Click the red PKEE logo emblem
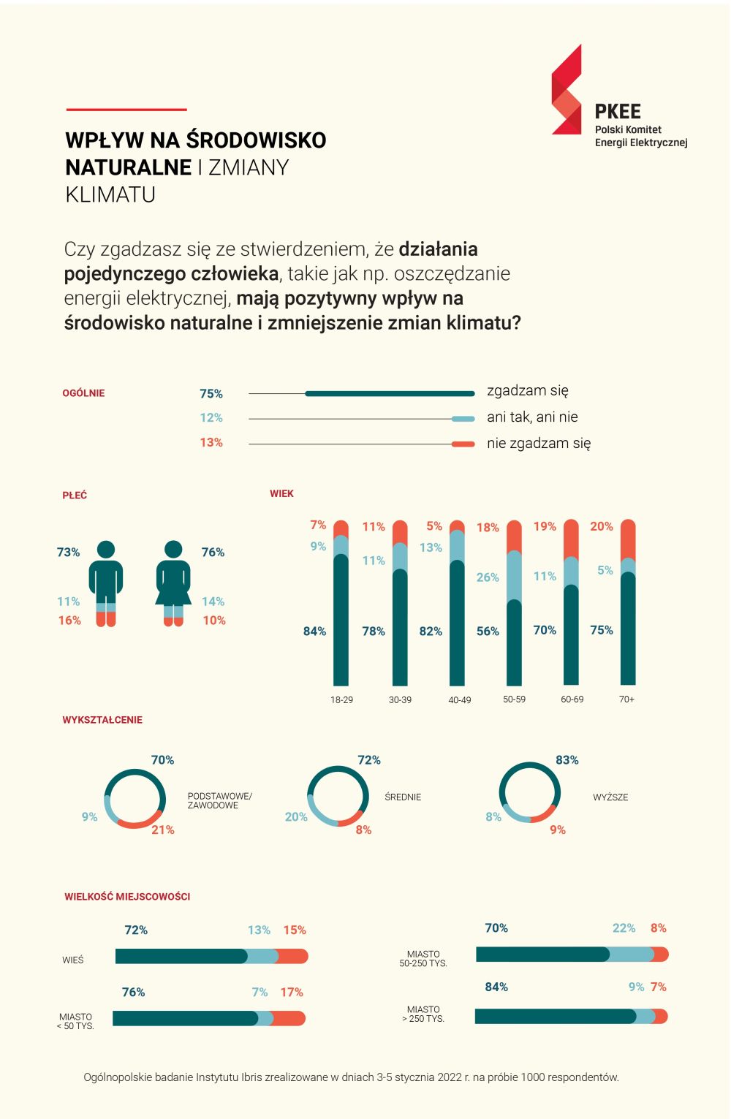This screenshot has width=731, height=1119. click(x=567, y=90)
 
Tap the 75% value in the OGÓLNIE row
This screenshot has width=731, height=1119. click(x=211, y=394)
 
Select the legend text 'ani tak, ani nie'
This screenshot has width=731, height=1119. click(x=532, y=417)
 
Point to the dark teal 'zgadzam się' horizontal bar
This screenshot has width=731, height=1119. click(x=390, y=394)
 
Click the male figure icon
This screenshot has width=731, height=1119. click(x=106, y=583)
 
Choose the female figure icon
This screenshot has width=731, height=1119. click(x=173, y=583)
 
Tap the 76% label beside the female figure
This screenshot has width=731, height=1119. click(x=213, y=553)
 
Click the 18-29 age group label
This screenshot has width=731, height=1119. click(x=341, y=700)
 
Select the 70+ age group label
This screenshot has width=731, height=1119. click(x=626, y=699)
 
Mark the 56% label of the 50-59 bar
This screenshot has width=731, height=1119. click(x=488, y=631)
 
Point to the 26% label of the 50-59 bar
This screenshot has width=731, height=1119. click(x=488, y=577)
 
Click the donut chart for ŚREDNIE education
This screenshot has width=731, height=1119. click(x=338, y=796)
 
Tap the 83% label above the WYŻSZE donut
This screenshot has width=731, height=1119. click(x=567, y=760)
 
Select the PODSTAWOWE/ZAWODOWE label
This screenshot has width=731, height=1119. click(x=219, y=800)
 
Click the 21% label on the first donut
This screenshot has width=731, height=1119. click(x=163, y=830)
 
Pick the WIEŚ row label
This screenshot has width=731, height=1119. click(x=73, y=960)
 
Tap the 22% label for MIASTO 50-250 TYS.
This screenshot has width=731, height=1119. click(x=624, y=928)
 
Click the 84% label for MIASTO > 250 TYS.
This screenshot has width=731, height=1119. click(x=496, y=987)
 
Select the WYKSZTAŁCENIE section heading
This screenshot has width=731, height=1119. click(x=102, y=720)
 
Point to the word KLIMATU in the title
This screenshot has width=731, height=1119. click(x=110, y=195)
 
